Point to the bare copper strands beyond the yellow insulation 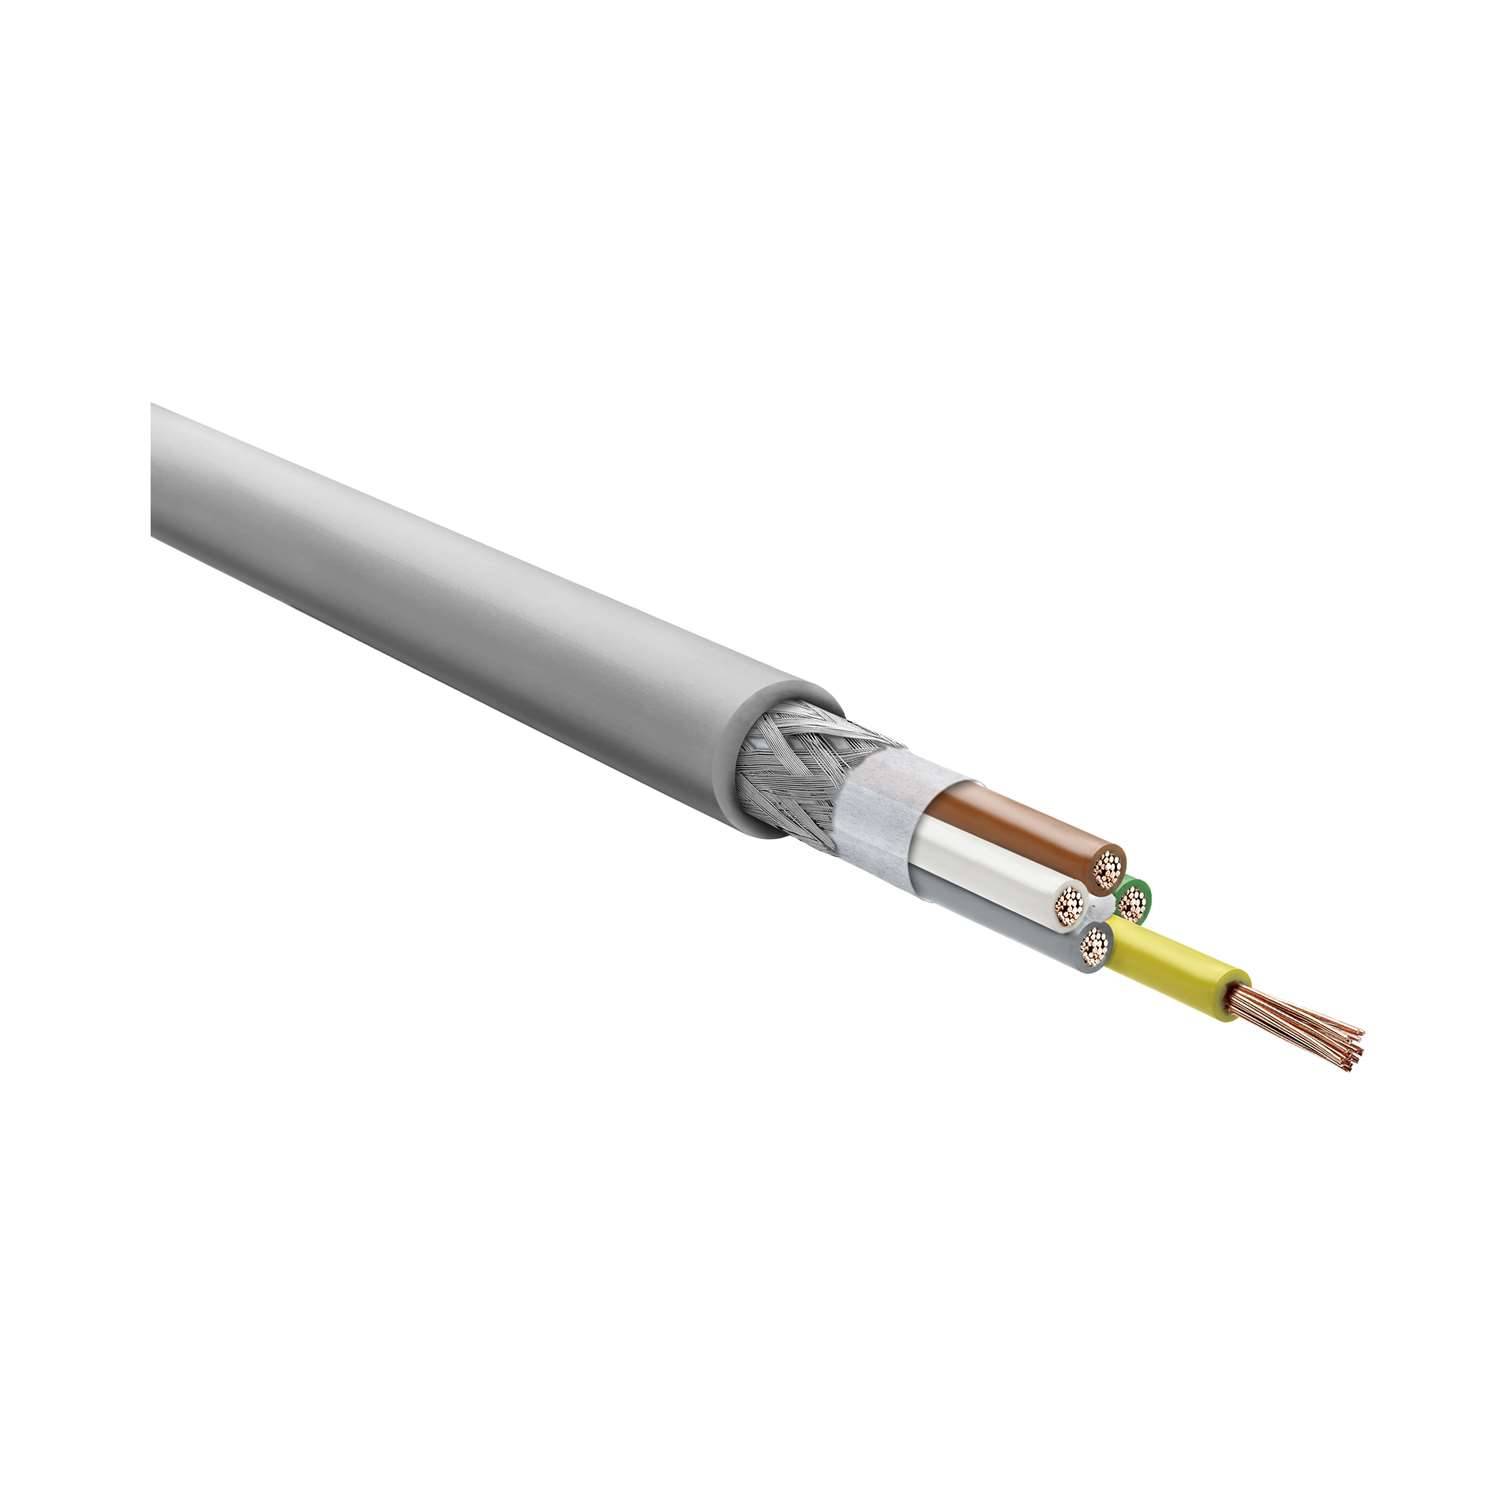click(1300, 1010)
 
